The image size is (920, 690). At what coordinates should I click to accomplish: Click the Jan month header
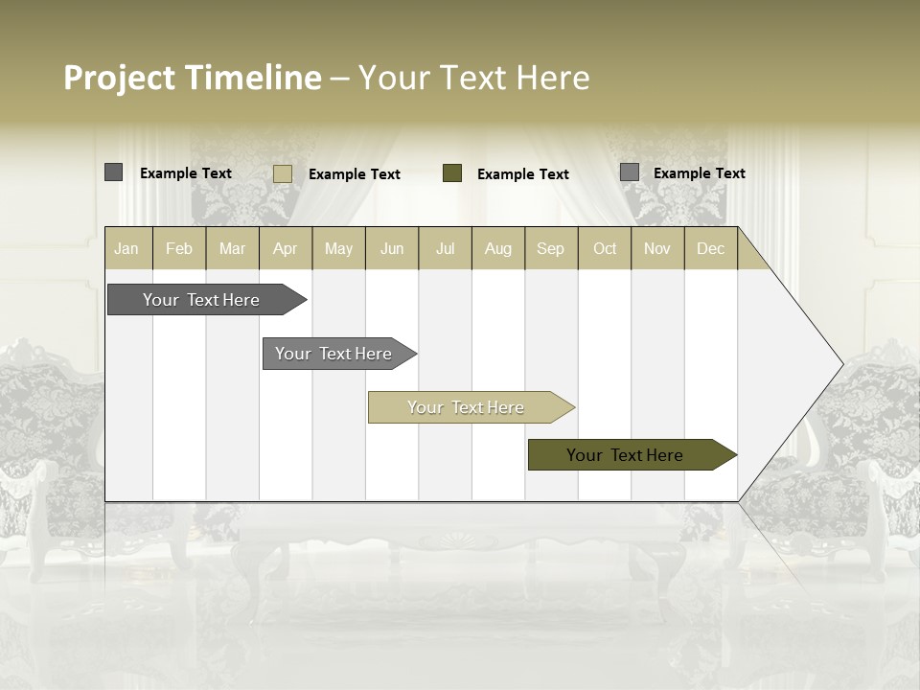[x=126, y=248]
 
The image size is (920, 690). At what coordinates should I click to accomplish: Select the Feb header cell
[x=179, y=248]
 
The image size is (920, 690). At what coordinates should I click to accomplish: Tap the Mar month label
[x=232, y=248]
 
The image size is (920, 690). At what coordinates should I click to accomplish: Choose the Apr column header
[x=286, y=248]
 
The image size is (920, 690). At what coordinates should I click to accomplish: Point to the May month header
[x=338, y=248]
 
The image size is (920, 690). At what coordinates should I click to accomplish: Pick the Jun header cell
[x=392, y=248]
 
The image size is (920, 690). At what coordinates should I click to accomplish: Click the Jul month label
[x=445, y=248]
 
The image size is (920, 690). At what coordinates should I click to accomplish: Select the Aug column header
[x=498, y=248]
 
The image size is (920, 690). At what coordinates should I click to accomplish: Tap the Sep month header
[x=551, y=248]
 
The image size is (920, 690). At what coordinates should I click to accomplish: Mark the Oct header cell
[x=605, y=248]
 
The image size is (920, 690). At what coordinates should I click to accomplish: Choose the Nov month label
[x=657, y=248]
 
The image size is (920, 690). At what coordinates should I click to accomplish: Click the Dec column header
[x=711, y=248]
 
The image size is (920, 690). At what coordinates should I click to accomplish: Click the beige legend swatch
[x=283, y=173]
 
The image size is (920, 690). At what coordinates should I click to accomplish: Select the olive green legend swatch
[x=452, y=173]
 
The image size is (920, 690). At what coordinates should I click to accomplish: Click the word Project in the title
[x=121, y=78]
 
